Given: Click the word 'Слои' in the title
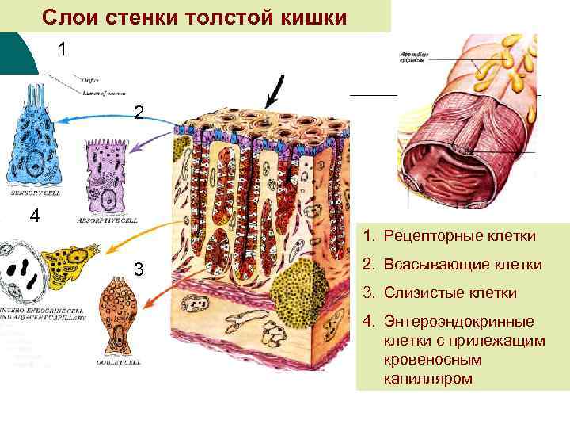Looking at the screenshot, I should point(70,17).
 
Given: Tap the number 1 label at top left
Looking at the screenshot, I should point(63,49).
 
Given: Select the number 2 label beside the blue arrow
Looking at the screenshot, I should point(139,114).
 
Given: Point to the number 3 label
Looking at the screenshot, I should point(139,269).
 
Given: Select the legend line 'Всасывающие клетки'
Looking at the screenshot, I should point(463,265).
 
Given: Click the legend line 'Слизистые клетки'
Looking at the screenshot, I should point(450,293).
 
